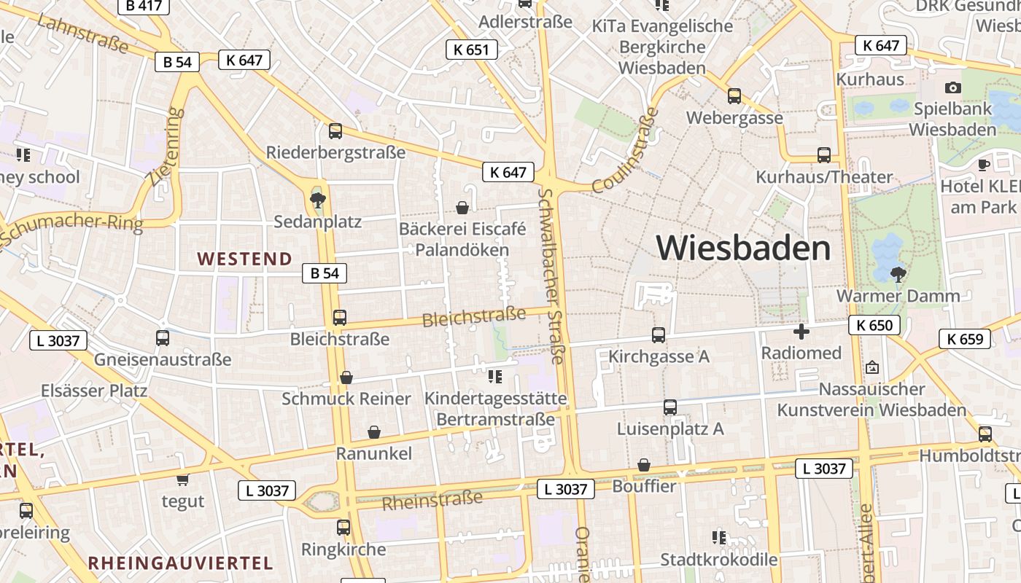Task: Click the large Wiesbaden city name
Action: coord(743,249)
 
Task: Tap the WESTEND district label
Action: coord(244,259)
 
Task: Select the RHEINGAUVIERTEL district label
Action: coord(180,563)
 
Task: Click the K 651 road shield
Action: coord(471,50)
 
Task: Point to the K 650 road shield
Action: coord(874,325)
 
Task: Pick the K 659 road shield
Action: coord(965,338)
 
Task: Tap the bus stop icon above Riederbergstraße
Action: coord(335,131)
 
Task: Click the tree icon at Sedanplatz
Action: coord(317,199)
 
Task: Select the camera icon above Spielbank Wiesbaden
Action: coord(952,88)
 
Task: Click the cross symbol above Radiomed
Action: coord(801,332)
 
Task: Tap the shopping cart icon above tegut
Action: coord(182,480)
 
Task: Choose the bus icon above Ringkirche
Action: coord(343,527)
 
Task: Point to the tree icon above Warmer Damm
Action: coord(898,275)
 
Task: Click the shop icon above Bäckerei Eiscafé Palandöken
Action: coord(462,208)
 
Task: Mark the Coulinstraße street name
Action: coord(625,151)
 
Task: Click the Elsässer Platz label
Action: coord(94,391)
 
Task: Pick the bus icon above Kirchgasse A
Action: coord(658,335)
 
